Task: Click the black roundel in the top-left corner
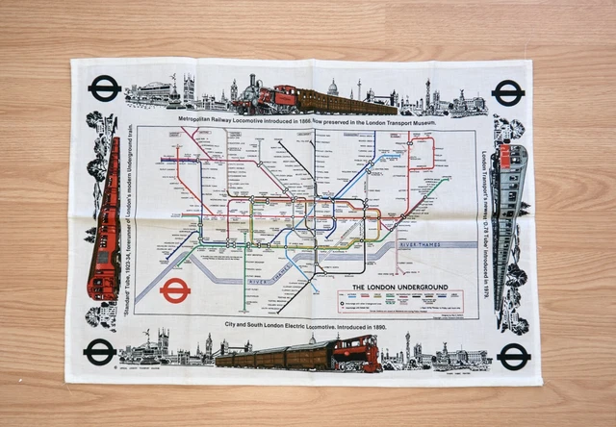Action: pos(104,89)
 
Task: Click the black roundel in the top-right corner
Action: pos(507,93)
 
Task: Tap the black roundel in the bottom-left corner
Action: pos(99,352)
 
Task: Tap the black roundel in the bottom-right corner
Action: pos(513,357)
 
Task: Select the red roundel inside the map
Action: pos(175,291)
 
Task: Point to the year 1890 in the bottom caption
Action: pos(374,328)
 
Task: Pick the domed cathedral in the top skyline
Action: pos(332,89)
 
